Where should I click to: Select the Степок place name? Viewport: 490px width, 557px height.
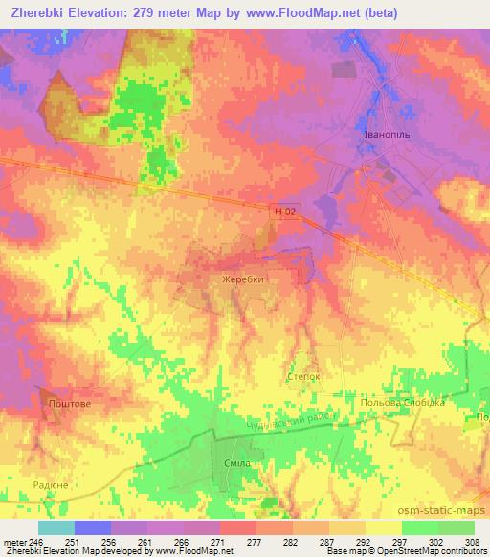(303, 378)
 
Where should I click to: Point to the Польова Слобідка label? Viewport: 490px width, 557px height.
(402, 403)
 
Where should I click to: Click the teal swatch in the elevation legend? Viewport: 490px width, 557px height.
(56, 527)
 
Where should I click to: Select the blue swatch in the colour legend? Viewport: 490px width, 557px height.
(92, 527)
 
